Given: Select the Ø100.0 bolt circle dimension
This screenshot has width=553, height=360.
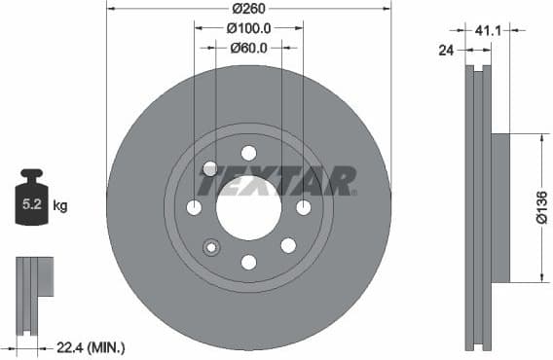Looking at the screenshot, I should point(248,29).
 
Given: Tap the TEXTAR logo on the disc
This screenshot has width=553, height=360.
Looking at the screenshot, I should point(276,181).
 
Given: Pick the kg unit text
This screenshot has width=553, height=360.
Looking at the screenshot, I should point(60,205).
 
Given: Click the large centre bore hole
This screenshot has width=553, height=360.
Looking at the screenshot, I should point(248,207).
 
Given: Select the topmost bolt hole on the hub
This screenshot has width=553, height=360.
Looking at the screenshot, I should point(248,153).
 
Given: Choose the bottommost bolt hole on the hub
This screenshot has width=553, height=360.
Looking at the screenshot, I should point(248,262).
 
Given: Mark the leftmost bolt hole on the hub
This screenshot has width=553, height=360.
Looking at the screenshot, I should point(194,207).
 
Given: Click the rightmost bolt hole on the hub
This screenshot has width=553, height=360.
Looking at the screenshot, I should point(303,207).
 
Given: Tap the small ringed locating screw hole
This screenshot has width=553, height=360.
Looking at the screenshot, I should point(211,247).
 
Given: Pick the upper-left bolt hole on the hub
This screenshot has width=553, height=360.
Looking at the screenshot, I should point(209,168).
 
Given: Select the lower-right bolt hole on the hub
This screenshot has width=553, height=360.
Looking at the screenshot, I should point(287,246).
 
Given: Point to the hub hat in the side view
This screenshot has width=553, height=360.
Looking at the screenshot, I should point(498,207).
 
